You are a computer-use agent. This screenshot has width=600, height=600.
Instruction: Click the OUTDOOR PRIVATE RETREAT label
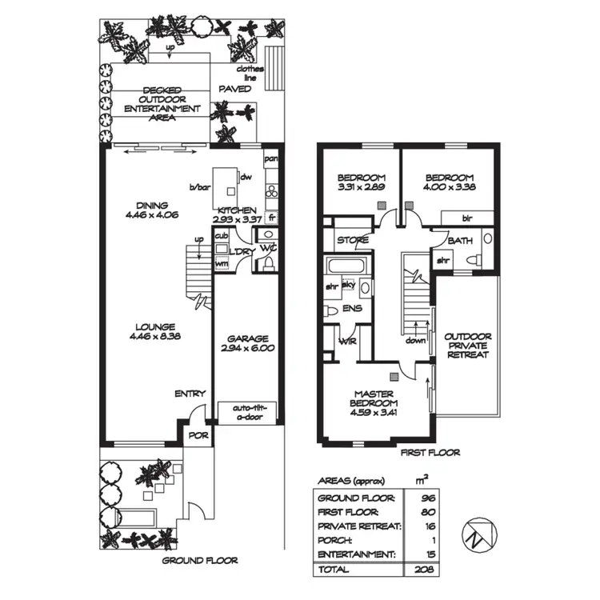(466, 346)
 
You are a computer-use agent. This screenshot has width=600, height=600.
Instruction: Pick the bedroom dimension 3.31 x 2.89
(362, 188)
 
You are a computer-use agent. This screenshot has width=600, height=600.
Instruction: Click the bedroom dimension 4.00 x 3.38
(449, 188)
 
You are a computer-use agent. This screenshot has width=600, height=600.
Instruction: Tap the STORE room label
(351, 239)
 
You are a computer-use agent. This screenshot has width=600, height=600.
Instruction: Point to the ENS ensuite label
(352, 306)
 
